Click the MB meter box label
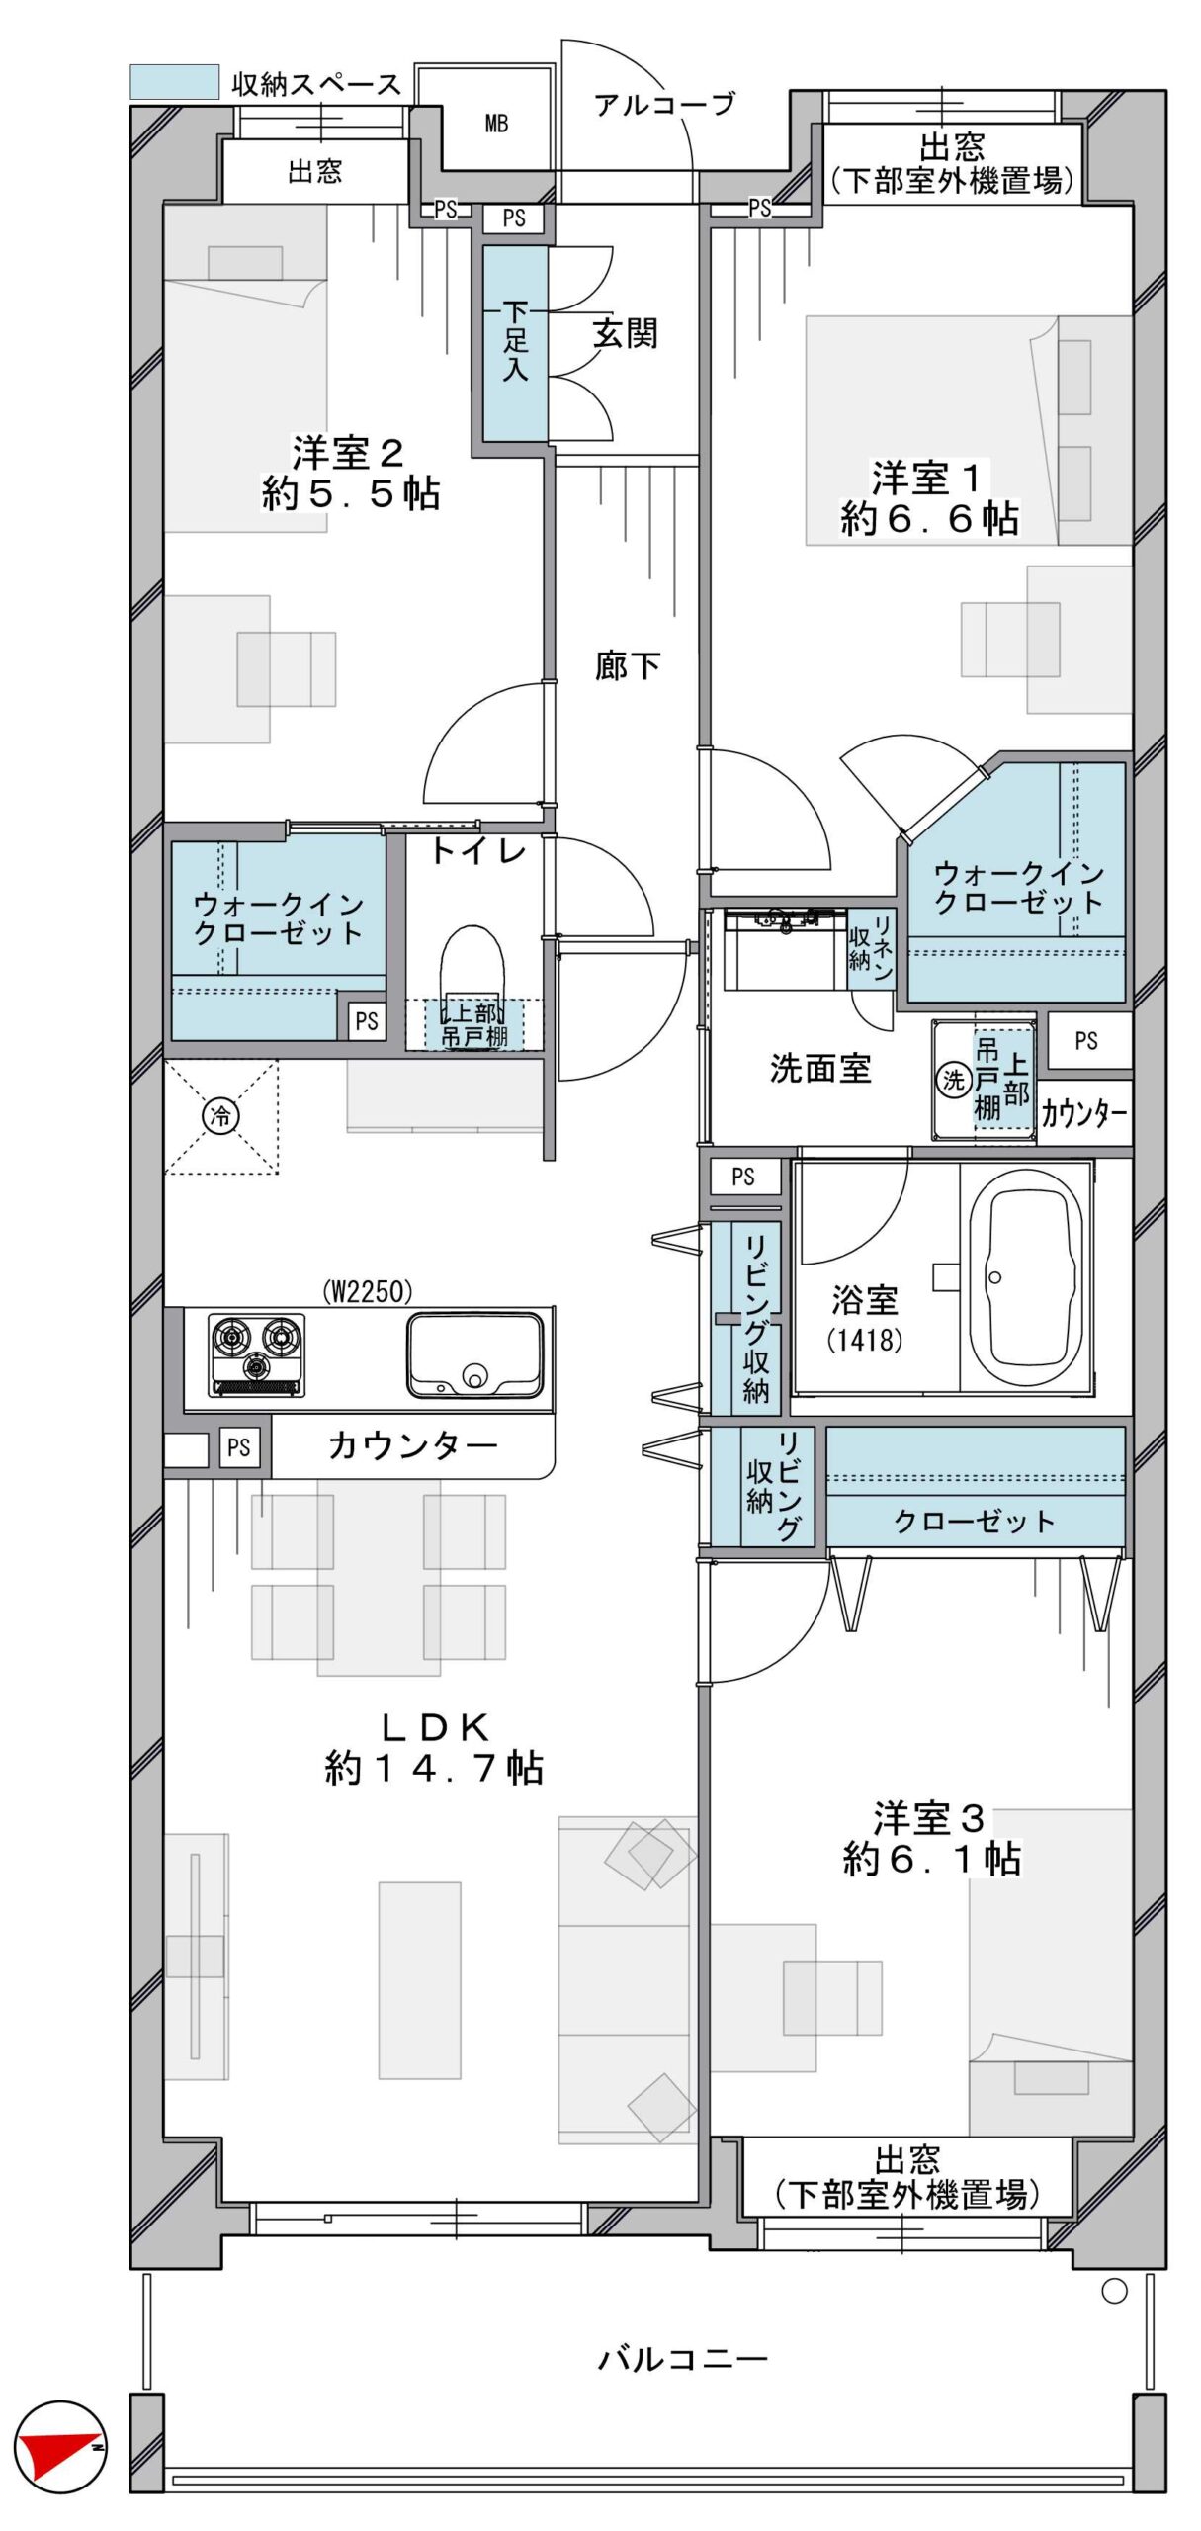(496, 124)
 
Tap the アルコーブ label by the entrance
(664, 104)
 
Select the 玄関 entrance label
(625, 334)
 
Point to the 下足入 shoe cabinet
(515, 342)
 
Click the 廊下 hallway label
(628, 665)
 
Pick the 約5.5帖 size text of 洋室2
(350, 492)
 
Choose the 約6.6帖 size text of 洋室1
(929, 518)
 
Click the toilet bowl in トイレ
(472, 973)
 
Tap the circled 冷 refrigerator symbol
(219, 1116)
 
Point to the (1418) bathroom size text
(865, 1341)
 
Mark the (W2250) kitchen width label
(368, 1291)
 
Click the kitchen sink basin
(474, 1354)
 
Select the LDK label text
(435, 1727)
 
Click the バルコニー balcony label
(682, 2360)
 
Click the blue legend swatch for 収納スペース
(174, 82)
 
